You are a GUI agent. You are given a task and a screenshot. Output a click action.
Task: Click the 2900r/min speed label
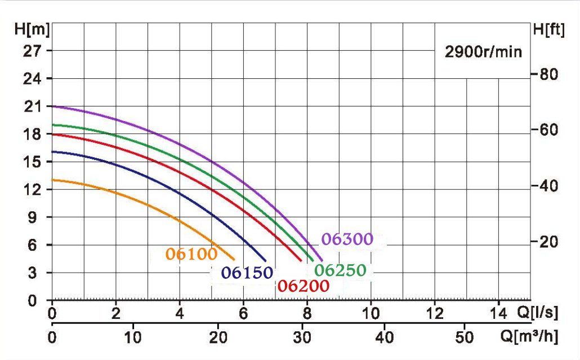tap(484, 52)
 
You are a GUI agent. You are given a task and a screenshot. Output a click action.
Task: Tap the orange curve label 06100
tap(191, 254)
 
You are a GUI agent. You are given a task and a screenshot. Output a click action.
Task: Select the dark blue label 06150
tap(247, 273)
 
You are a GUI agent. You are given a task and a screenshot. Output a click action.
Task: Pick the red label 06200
tap(303, 286)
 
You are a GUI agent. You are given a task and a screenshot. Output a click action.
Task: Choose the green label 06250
tap(340, 270)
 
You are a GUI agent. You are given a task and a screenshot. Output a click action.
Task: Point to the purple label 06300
tap(347, 239)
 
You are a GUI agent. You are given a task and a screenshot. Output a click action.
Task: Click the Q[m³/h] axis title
tap(529, 337)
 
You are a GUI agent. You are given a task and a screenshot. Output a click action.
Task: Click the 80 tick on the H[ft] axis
tap(548, 74)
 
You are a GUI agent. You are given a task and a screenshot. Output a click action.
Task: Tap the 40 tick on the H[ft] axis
tap(548, 186)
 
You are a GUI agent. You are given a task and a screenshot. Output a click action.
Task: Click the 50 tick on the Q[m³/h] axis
tap(465, 337)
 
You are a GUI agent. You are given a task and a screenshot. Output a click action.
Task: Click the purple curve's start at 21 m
tap(53, 106)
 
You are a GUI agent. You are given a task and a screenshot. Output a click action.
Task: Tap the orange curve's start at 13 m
tap(53, 180)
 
